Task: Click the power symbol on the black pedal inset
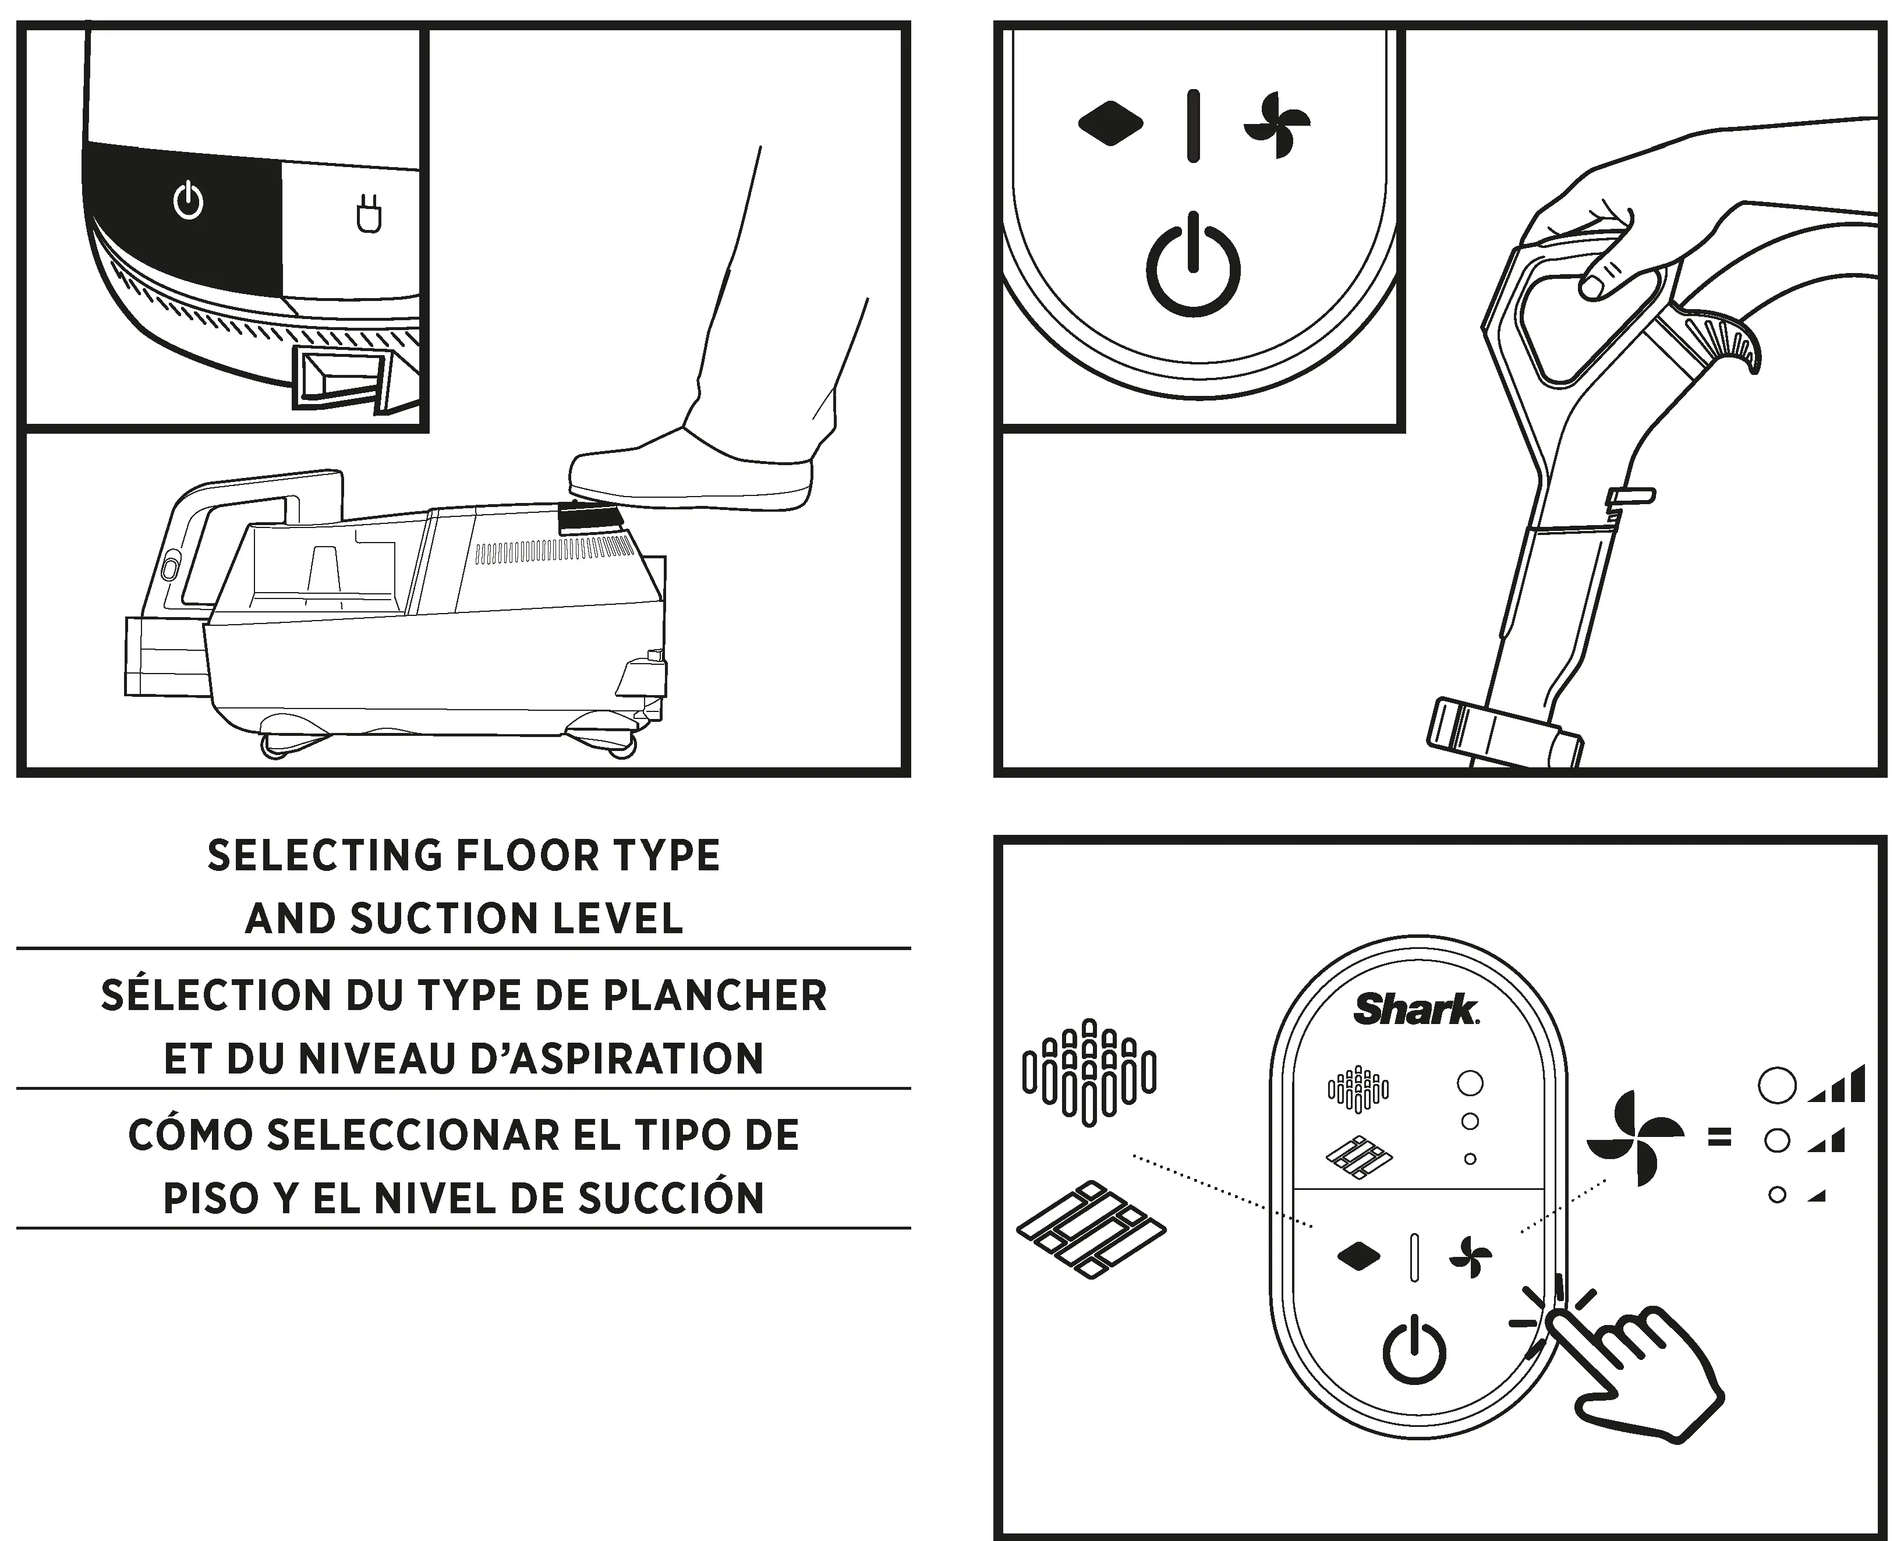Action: point(188,201)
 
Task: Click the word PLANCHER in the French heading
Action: point(714,995)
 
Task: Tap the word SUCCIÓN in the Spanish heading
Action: point(671,1198)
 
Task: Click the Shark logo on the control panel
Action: point(1415,1009)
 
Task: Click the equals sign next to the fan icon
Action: point(1719,1137)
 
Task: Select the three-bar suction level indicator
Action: point(1836,1085)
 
